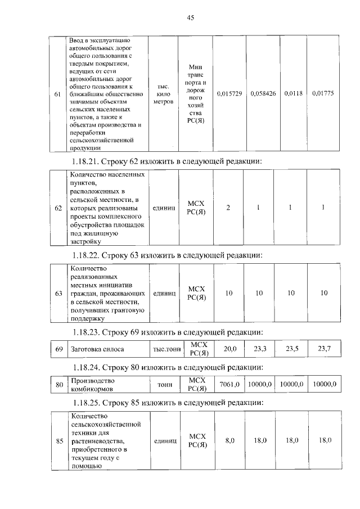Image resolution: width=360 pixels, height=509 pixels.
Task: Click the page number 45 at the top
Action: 190,18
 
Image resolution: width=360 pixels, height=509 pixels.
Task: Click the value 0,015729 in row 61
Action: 228,93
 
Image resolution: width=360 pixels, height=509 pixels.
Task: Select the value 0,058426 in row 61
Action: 262,93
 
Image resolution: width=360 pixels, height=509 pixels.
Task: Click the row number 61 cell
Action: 57,94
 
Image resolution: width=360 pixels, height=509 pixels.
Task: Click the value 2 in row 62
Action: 228,208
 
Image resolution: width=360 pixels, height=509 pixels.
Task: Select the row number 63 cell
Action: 57,294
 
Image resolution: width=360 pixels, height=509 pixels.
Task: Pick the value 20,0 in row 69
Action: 230,349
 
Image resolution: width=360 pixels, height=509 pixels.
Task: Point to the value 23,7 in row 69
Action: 325,349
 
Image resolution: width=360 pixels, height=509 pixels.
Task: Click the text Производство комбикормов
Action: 92,384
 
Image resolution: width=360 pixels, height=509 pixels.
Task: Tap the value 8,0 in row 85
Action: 229,440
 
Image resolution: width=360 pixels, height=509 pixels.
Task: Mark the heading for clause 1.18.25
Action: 167,403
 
